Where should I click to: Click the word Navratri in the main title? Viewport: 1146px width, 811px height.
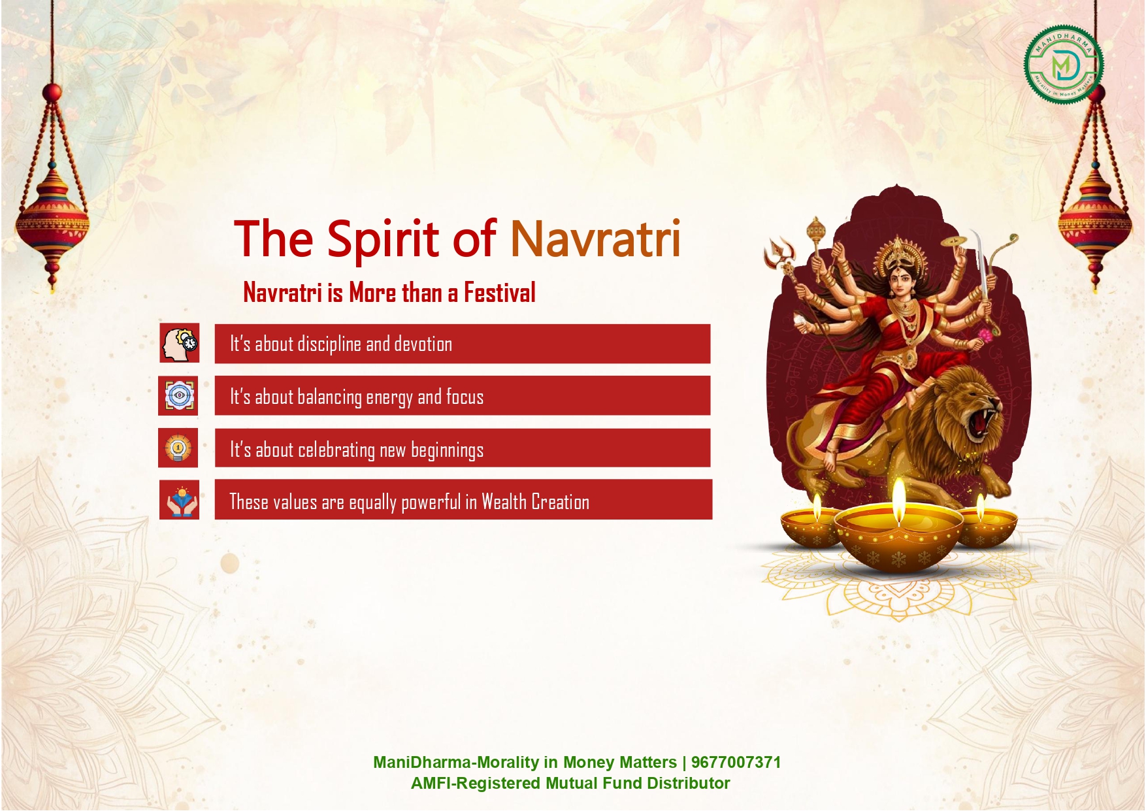click(x=596, y=239)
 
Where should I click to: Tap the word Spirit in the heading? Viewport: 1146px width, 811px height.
click(x=384, y=240)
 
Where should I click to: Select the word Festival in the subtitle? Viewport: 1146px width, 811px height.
click(x=500, y=292)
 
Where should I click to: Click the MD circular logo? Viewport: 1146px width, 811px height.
click(x=1063, y=65)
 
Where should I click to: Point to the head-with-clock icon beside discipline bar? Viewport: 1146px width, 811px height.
click(x=179, y=343)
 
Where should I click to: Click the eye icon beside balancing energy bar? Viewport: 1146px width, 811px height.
click(x=178, y=395)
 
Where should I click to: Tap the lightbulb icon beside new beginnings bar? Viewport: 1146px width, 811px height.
click(x=178, y=448)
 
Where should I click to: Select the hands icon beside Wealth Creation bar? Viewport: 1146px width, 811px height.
click(x=180, y=501)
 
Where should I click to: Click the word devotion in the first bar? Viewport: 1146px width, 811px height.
click(x=423, y=344)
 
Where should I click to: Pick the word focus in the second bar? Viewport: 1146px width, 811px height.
click(x=465, y=397)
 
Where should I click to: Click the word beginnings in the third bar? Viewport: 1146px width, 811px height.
click(x=447, y=450)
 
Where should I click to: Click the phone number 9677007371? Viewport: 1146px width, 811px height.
click(x=736, y=762)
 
